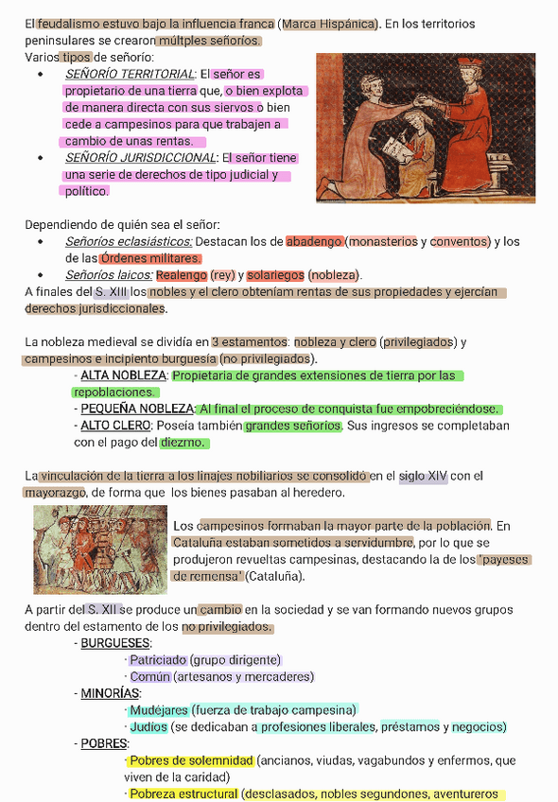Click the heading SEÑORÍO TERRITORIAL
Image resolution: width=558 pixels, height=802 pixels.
pyautogui.click(x=130, y=74)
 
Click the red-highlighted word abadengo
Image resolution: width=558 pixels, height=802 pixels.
pyautogui.click(x=314, y=241)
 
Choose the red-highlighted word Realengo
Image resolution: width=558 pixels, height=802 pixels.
pyautogui.click(x=181, y=275)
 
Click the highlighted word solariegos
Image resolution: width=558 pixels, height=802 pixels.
pyautogui.click(x=275, y=275)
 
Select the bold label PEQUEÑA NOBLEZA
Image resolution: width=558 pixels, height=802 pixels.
pyautogui.click(x=136, y=409)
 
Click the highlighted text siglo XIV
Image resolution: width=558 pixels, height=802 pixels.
pyautogui.click(x=423, y=477)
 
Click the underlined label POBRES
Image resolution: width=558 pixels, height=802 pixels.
pyautogui.click(x=104, y=743)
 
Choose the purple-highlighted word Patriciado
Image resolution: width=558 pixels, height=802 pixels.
pyautogui.click(x=157, y=660)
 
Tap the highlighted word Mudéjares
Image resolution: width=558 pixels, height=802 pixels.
pyautogui.click(x=158, y=710)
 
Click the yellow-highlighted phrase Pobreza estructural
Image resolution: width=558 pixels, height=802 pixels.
pyautogui.click(x=183, y=794)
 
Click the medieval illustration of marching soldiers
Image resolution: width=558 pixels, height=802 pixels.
pyautogui.click(x=100, y=549)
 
